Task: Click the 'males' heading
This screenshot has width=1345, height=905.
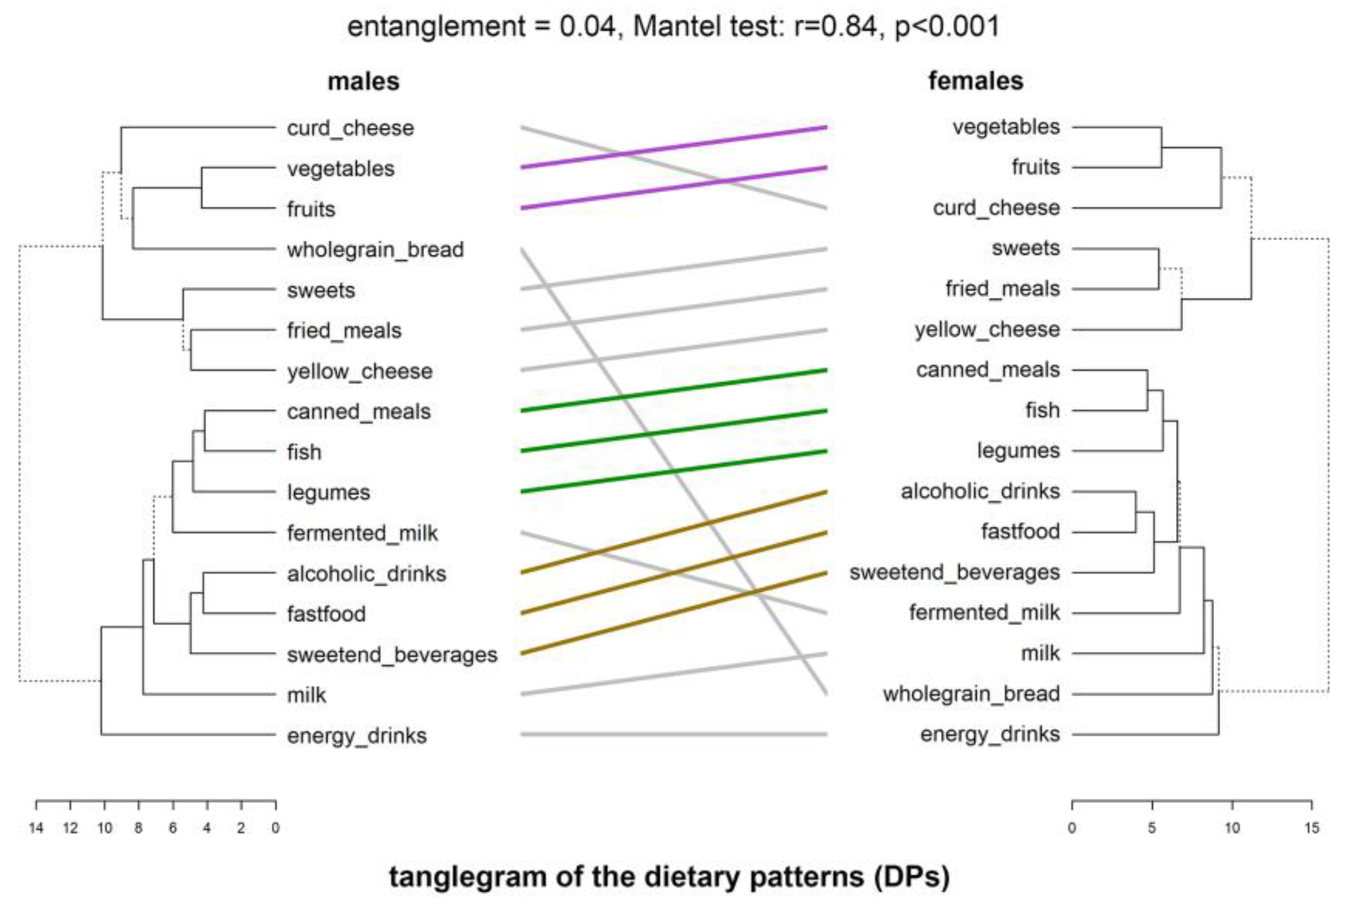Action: [x=363, y=81]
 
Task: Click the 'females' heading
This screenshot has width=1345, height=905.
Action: [x=975, y=81]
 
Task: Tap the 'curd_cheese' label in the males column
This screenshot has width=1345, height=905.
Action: [x=350, y=128]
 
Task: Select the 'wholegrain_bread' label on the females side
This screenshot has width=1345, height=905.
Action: [x=971, y=694]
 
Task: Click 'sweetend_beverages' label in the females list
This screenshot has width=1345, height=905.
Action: [x=954, y=573]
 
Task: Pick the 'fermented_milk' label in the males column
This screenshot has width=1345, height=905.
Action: [x=362, y=533]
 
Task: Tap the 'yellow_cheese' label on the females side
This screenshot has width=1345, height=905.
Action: [x=986, y=330]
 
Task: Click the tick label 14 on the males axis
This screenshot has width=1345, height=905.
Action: [x=36, y=828]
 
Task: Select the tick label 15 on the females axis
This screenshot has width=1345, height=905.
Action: [x=1312, y=828]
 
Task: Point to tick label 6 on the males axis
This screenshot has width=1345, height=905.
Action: [x=173, y=828]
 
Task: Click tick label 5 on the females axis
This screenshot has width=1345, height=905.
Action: [x=1152, y=828]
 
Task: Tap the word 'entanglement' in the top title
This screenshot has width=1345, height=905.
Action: [x=436, y=27]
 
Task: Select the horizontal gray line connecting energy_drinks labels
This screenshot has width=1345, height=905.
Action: [x=673, y=734]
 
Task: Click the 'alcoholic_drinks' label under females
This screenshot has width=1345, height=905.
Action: [x=980, y=492]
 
